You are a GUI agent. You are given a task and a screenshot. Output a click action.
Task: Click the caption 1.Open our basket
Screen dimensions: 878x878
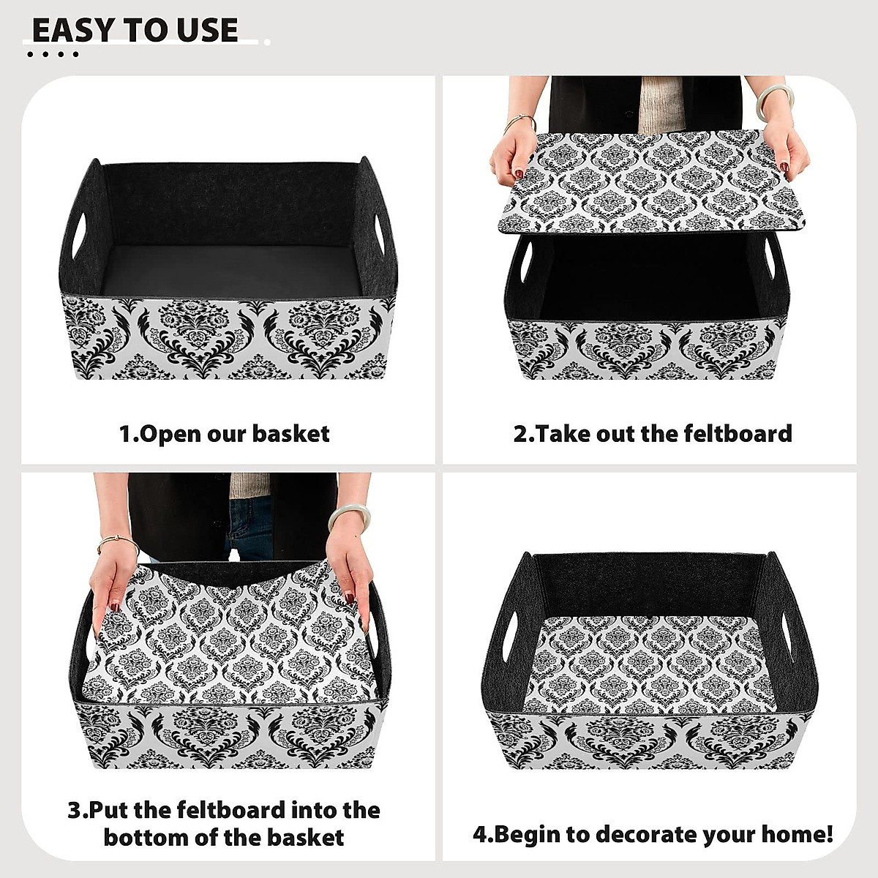224,434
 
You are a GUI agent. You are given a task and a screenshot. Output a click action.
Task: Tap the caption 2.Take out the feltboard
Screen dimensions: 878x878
653,434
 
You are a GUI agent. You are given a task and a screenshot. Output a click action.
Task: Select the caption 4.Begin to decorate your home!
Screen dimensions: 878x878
653,833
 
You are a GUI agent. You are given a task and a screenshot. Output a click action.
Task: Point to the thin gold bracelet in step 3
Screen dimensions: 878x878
117,541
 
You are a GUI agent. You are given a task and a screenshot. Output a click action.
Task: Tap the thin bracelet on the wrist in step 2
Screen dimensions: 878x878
520,121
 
